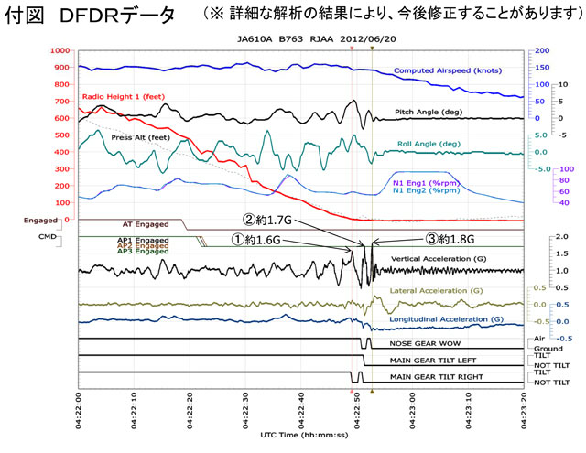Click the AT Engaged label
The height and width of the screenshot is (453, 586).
click(144, 222)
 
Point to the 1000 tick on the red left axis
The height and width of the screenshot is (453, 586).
click(58, 51)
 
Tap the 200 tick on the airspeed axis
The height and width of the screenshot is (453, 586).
click(542, 51)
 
